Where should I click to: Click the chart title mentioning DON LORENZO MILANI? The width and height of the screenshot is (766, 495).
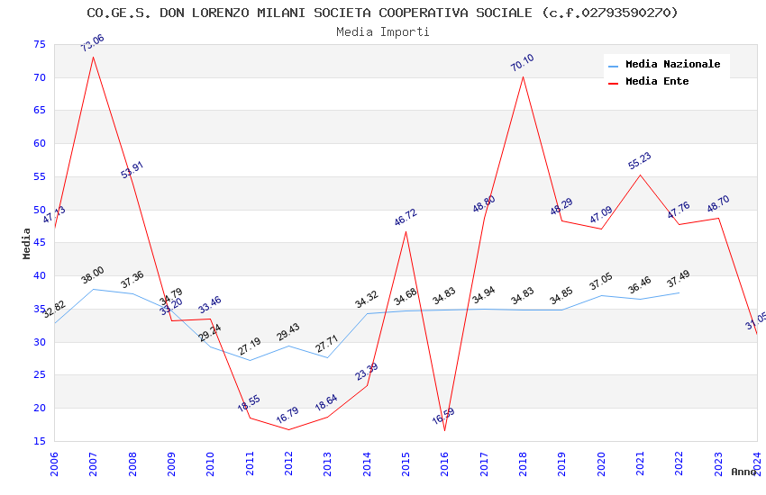[382, 13]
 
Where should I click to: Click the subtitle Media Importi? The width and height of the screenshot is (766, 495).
[382, 31]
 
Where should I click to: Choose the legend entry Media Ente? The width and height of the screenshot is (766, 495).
[657, 81]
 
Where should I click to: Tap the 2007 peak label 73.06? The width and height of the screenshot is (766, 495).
[92, 43]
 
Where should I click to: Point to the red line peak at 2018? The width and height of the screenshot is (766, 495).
[523, 76]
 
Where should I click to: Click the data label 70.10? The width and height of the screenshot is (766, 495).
[522, 62]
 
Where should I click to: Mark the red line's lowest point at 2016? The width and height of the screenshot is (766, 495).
[444, 430]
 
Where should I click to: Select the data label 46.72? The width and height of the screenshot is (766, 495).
[406, 217]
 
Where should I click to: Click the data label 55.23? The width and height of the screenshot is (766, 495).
[639, 161]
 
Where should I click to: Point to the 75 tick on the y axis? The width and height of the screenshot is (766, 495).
[40, 44]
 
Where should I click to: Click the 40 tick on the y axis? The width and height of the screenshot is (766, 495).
[40, 275]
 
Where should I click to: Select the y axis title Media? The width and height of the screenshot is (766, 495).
[27, 243]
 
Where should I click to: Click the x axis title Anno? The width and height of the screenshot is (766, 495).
[743, 472]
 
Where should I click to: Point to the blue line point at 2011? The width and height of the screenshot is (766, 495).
[250, 360]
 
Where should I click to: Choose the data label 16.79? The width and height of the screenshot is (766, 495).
[287, 415]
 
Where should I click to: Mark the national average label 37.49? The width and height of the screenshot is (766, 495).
[679, 279]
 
